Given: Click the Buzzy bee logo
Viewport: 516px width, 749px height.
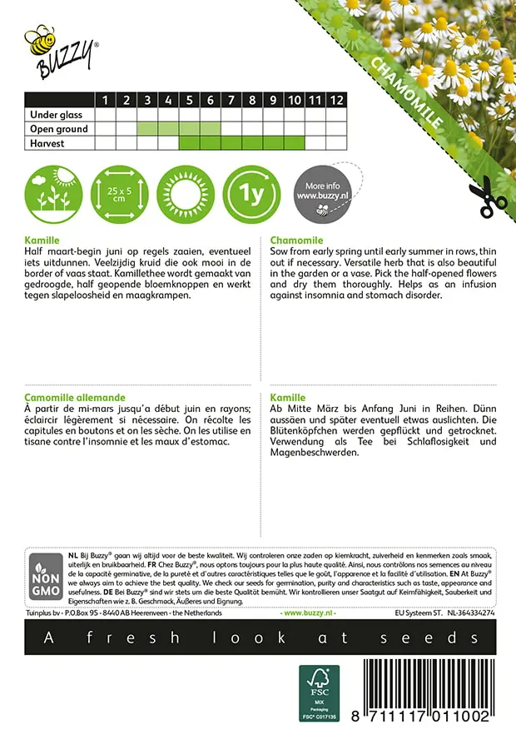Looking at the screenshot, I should pyautogui.click(x=61, y=50).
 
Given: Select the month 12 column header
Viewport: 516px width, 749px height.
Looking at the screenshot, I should pyautogui.click(x=335, y=101).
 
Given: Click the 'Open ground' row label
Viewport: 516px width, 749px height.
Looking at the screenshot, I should pyautogui.click(x=58, y=129).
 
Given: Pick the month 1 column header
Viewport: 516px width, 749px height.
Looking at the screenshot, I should pyautogui.click(x=106, y=101).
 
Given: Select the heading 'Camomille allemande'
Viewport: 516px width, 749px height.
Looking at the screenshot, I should pyautogui.click(x=75, y=399).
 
